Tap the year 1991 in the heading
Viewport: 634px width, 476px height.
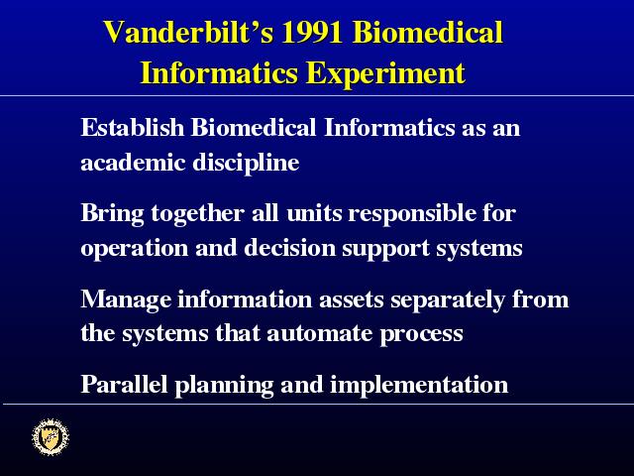[x=312, y=32]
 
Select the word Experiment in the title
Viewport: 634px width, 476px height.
[x=385, y=74]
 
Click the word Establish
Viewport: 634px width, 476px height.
[x=132, y=128]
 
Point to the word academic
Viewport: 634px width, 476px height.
[x=133, y=163]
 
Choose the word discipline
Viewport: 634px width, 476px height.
[x=246, y=164]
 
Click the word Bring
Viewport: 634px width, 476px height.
[x=112, y=214]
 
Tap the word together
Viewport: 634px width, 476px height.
[x=198, y=214]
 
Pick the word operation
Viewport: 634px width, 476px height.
[x=135, y=249]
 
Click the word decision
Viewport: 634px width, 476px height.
[x=289, y=247]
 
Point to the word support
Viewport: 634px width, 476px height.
[x=385, y=249]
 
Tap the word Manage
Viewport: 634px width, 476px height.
[x=126, y=300]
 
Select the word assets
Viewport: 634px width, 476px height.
[x=352, y=300]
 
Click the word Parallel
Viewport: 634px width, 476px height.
[x=124, y=384]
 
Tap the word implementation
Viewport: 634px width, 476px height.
[x=419, y=386]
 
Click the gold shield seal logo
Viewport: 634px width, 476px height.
[x=51, y=437]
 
